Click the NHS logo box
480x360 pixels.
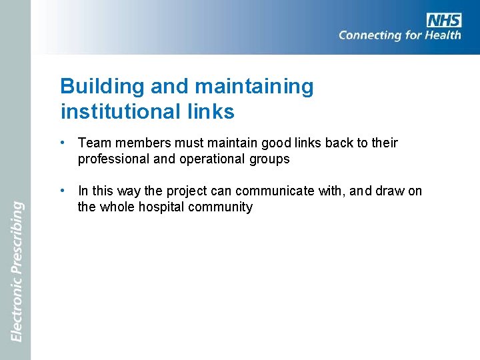click(x=444, y=19)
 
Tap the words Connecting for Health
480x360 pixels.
click(x=399, y=35)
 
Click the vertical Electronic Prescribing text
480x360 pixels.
click(x=17, y=272)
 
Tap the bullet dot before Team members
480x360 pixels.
click(x=61, y=142)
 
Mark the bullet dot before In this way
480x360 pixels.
click(x=61, y=191)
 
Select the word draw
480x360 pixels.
click(x=385, y=191)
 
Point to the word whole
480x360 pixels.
click(x=116, y=207)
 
